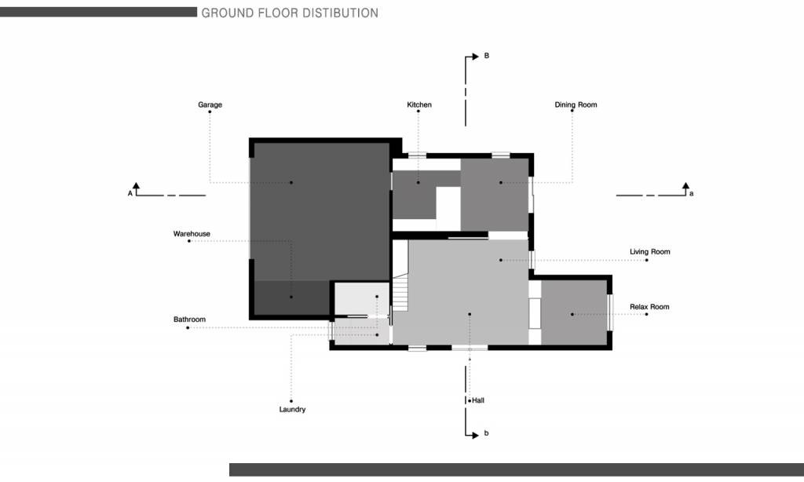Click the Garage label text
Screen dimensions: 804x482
pos(210,104)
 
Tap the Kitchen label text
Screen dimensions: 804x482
pos(419,104)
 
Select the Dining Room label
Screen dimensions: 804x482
pos(576,104)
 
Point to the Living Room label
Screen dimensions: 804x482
pos(649,252)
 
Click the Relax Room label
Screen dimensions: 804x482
pos(649,307)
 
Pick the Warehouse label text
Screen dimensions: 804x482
pos(192,234)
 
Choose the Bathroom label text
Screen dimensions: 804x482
pos(189,320)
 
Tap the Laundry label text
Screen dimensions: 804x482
pos(292,409)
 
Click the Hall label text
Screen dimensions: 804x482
pos(478,400)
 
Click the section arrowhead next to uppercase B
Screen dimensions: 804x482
pos(475,56)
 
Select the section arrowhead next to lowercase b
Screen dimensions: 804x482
pos(475,436)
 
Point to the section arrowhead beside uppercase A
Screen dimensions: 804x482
pos(136,185)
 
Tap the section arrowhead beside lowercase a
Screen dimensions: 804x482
pos(685,185)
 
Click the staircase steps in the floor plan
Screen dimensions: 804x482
pos(400,292)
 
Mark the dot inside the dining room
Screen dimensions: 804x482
pos(501,183)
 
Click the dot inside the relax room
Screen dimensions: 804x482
pos(572,314)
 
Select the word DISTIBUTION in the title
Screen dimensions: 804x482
pos(339,13)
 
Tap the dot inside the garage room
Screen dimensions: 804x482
pos(291,183)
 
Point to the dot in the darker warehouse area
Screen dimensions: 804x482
pos(291,297)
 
